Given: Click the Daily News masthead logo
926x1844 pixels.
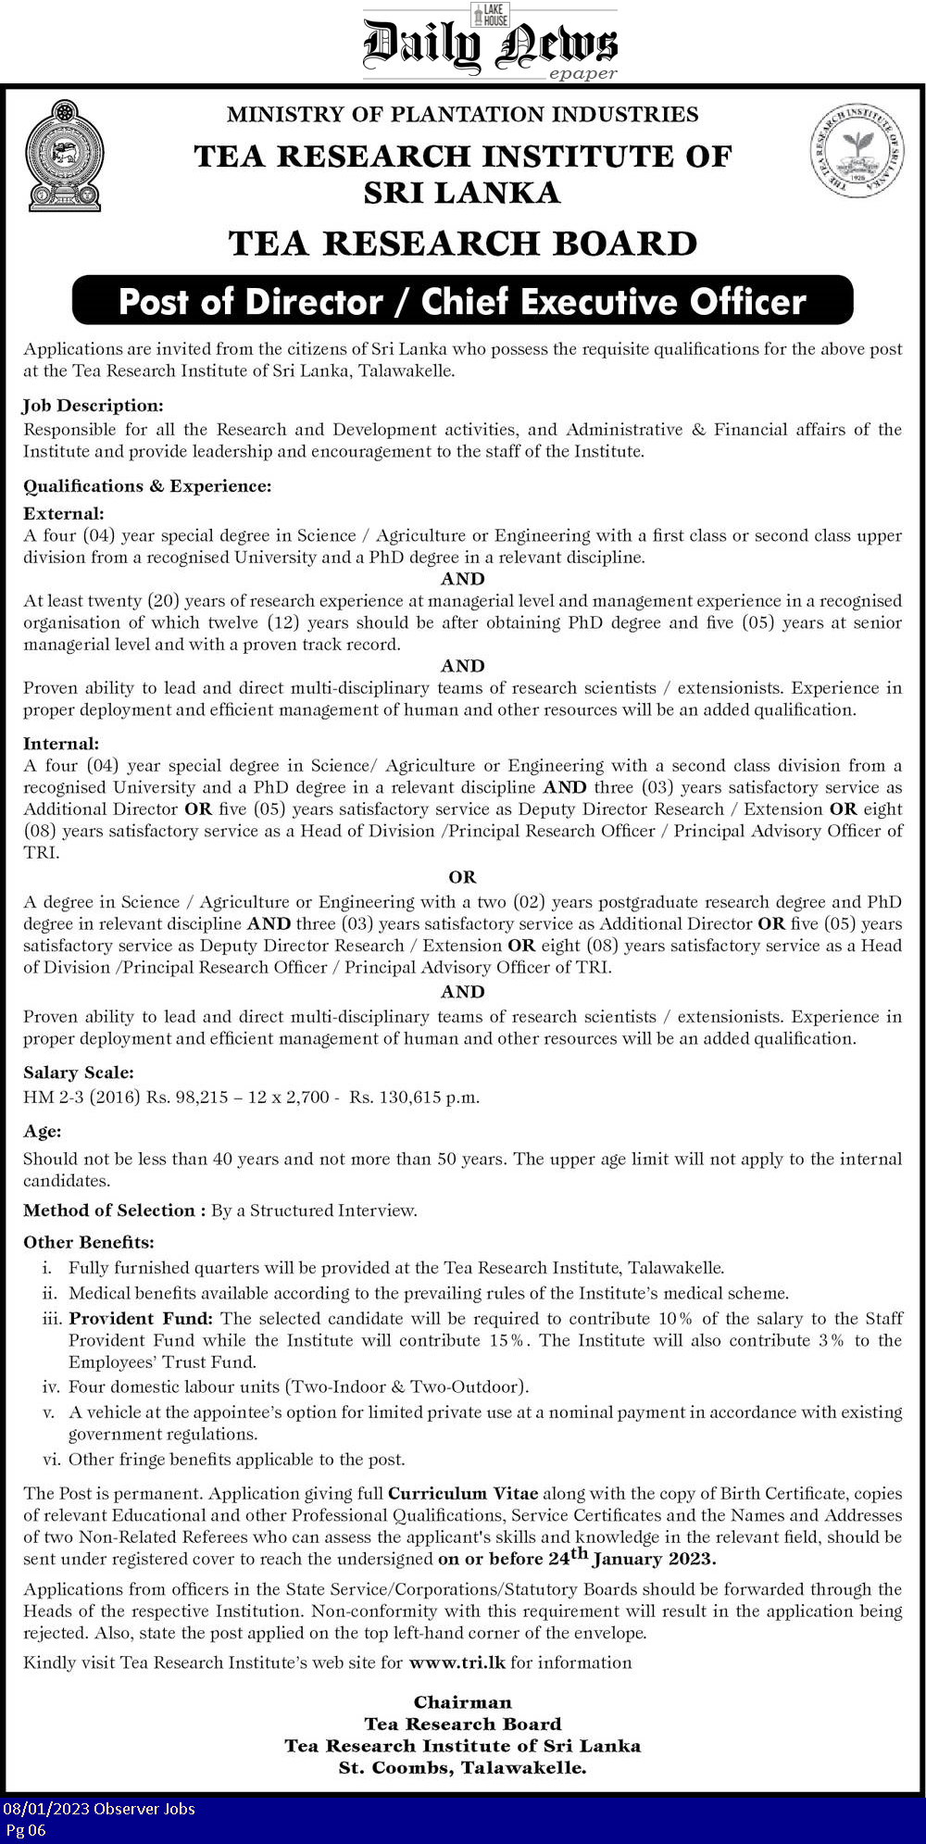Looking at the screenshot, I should tap(489, 44).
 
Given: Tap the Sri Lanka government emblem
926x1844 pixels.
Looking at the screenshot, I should tap(64, 156).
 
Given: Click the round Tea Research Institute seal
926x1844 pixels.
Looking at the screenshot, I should tap(857, 150).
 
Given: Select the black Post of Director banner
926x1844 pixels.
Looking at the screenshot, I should tap(462, 301).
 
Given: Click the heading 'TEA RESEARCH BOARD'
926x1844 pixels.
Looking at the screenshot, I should tap(462, 244).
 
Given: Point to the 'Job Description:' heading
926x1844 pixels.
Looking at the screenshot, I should tap(93, 406).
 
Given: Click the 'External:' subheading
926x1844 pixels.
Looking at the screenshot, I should tap(64, 513).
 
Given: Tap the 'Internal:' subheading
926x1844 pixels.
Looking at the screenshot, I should tap(61, 744).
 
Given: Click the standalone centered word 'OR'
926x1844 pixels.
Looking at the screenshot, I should tap(462, 876).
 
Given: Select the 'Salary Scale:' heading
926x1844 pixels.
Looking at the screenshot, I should tap(79, 1073).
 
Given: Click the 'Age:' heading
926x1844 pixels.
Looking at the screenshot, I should tap(43, 1132).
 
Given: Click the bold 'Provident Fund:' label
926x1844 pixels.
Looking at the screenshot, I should tap(141, 1318).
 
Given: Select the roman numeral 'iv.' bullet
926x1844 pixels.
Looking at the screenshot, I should tap(52, 1386).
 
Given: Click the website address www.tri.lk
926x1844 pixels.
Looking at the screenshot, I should tap(457, 1662).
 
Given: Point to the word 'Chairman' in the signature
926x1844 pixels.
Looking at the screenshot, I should tap(462, 1702).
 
